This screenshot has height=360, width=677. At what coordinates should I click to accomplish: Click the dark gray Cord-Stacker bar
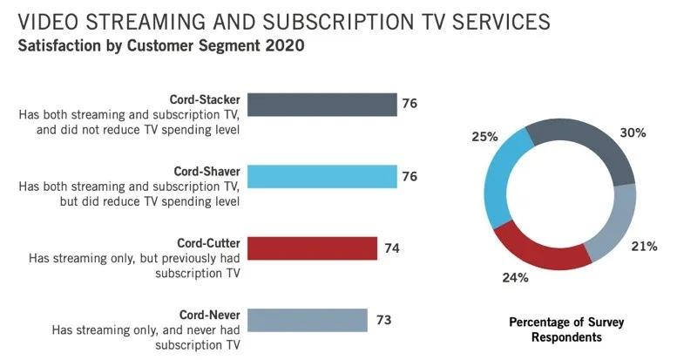[x=322, y=105]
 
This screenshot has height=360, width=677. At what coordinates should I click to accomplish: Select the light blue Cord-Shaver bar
[x=322, y=177]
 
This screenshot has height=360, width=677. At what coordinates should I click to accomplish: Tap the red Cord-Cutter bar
[x=312, y=248]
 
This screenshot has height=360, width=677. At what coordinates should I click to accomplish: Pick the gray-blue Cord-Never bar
[x=307, y=320]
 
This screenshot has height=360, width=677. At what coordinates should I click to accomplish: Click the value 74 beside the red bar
[x=392, y=248]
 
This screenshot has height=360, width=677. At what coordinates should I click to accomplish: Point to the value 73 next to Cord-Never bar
[x=383, y=320]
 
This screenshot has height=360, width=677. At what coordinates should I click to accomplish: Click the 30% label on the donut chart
[x=633, y=133]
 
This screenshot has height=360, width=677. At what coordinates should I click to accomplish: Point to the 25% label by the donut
[x=485, y=137]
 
